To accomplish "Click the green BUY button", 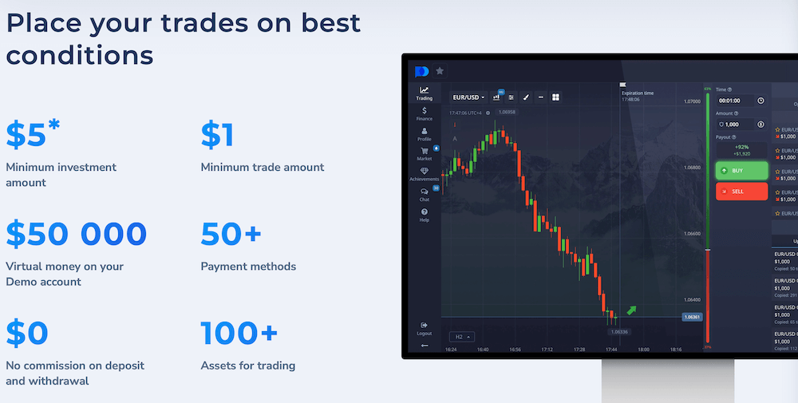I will click(x=741, y=170).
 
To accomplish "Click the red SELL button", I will click(x=741, y=192).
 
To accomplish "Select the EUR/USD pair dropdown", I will click(x=469, y=97).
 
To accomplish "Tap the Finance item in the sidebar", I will click(x=425, y=113).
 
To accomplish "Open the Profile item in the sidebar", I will click(x=425, y=132).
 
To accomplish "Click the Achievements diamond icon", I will click(x=425, y=172).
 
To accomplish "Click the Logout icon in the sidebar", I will click(x=425, y=326).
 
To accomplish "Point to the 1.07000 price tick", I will click(x=691, y=101).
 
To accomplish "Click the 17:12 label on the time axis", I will click(x=547, y=350).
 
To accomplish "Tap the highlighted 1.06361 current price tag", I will click(x=692, y=317).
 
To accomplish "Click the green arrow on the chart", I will click(x=632, y=310).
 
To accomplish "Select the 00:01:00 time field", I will click(x=733, y=101).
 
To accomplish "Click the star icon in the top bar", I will click(x=440, y=71).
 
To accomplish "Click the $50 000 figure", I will click(x=77, y=235).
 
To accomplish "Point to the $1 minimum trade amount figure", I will click(x=217, y=136).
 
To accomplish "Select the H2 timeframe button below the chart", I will click(x=460, y=337).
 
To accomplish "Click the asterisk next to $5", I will click(x=54, y=125).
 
